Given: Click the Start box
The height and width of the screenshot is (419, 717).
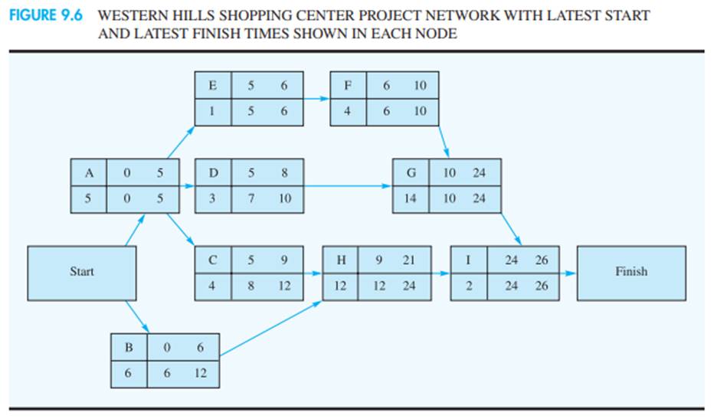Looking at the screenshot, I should click(82, 272).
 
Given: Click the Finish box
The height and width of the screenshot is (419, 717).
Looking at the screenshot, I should click(630, 272).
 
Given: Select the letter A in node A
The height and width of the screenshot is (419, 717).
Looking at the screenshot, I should click(89, 173).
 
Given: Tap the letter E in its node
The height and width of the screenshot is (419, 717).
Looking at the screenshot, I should click(212, 86).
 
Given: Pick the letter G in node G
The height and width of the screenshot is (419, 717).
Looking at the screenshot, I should click(411, 173).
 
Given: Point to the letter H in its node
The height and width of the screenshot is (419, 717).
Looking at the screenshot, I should click(341, 260).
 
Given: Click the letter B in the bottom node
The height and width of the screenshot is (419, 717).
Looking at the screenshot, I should click(129, 348).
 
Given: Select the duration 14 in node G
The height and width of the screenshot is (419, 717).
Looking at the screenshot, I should click(411, 199).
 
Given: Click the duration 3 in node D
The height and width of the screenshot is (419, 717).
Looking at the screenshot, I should click(212, 199).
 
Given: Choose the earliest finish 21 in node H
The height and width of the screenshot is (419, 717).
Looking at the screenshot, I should click(409, 260).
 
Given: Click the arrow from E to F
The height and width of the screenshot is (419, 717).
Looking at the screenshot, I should click(316, 99).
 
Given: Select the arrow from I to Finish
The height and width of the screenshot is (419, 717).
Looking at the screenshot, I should click(568, 273).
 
